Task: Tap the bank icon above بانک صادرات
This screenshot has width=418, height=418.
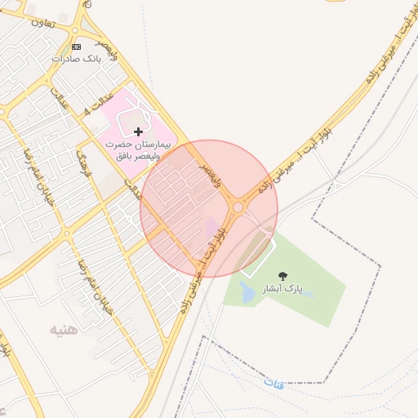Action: pyautogui.click(x=77, y=47)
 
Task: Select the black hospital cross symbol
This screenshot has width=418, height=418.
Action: pyautogui.click(x=138, y=131)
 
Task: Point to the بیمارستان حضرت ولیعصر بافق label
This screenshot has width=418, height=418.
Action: pyautogui.click(x=140, y=149)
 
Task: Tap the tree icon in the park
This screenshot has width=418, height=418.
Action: pyautogui.click(x=282, y=277)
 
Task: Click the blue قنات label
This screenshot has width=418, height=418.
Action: pyautogui.click(x=274, y=382)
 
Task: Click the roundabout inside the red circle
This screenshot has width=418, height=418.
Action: pyautogui.click(x=238, y=207)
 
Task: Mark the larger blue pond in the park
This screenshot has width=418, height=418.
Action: pyautogui.click(x=247, y=291)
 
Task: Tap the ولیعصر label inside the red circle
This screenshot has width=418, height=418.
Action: pyautogui.click(x=210, y=174)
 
